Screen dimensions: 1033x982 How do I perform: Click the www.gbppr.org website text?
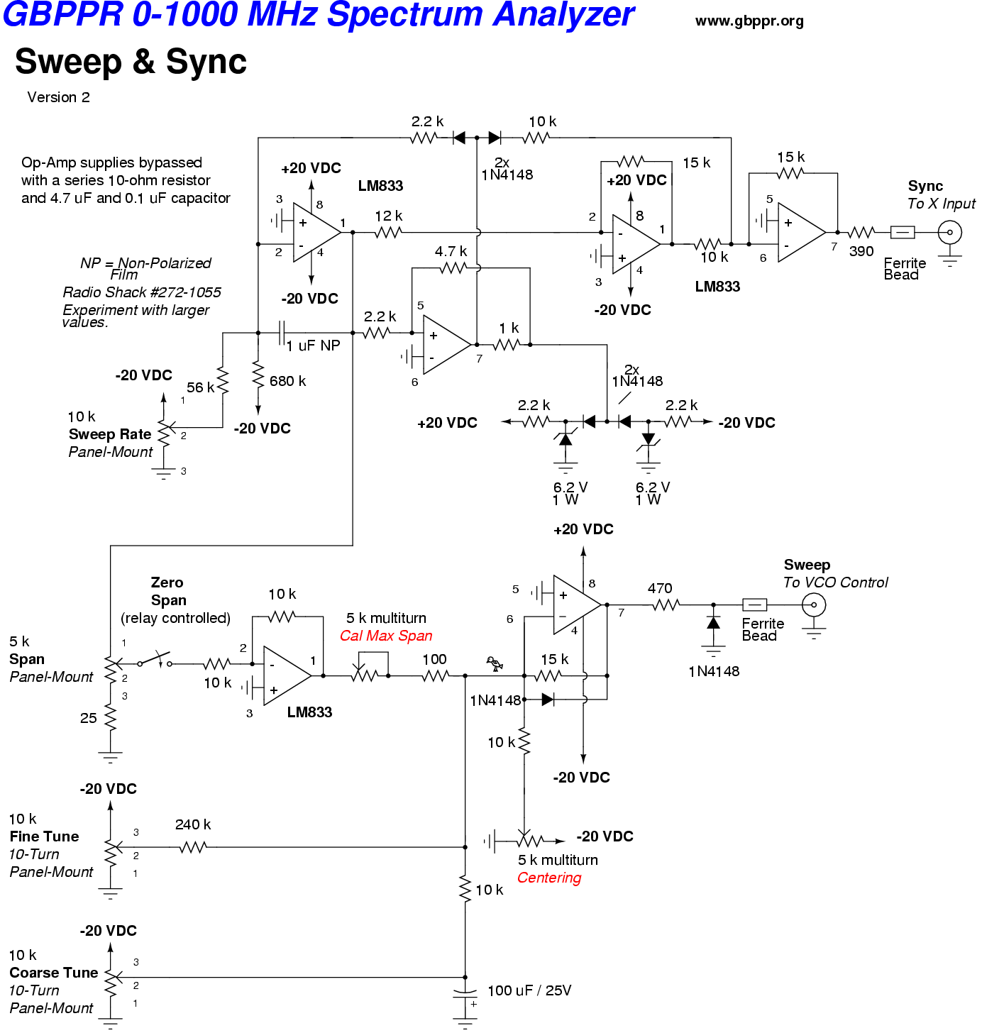749,21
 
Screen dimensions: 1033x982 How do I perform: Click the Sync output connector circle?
949,232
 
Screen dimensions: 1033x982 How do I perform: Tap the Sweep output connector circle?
813,605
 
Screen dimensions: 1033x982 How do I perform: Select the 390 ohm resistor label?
861,251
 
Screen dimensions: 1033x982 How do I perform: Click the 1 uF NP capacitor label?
313,346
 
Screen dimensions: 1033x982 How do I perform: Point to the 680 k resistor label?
287,381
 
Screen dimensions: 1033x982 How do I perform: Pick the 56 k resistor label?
200,387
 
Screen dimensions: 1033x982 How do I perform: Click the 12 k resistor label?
388,216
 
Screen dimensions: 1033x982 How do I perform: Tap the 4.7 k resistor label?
451,251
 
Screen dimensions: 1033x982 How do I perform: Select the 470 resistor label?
659,588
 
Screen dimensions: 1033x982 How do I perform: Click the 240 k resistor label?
192,824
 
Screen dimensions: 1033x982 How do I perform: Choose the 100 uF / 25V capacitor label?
529,990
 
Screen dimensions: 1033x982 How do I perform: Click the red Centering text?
548,878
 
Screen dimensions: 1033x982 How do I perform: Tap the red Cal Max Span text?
385,636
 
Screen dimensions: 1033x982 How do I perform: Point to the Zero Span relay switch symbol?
156,661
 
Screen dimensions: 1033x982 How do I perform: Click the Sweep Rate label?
110,434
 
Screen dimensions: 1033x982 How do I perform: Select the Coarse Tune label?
53,973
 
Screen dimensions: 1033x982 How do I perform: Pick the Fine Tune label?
44,836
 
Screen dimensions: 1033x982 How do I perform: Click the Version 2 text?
58,97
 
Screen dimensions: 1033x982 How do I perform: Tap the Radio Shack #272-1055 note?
141,292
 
